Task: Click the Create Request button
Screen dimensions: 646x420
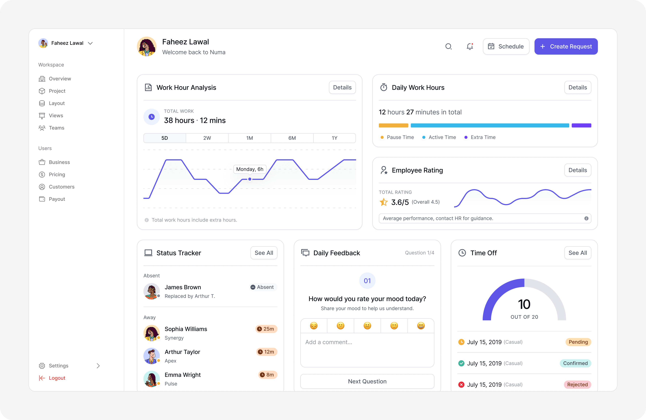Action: tap(566, 46)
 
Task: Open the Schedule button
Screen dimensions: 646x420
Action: tap(506, 46)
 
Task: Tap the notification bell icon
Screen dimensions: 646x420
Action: tap(470, 46)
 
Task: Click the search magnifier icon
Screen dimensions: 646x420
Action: tap(448, 46)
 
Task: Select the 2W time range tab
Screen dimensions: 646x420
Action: tap(207, 138)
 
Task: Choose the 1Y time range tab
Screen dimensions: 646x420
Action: tap(334, 138)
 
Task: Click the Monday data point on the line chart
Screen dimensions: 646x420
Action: tap(250, 179)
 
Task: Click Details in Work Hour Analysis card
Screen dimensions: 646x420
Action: tap(342, 88)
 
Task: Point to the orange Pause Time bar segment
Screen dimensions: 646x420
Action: tap(394, 125)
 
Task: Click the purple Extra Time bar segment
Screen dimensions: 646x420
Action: tap(581, 125)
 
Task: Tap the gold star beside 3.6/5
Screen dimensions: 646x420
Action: tap(384, 202)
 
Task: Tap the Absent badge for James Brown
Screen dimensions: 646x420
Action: tap(262, 287)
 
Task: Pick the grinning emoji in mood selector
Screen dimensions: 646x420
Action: tap(421, 326)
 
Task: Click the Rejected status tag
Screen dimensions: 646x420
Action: tap(577, 385)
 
